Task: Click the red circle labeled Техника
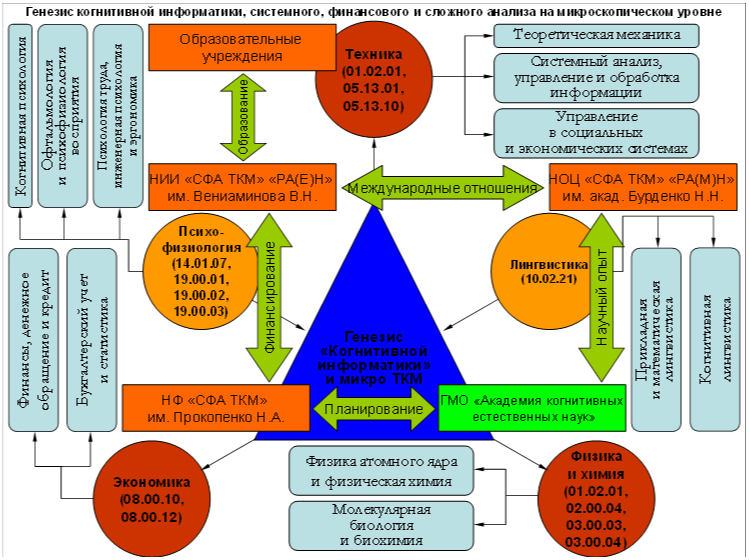coord(374,79)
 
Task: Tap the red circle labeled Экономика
coord(152,499)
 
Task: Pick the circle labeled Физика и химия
coord(596,499)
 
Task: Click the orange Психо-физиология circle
coord(201,272)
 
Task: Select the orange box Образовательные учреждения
coord(242,48)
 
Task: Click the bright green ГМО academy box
coord(532,408)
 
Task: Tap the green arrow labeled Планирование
coord(374,409)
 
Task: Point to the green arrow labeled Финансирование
coord(269,297)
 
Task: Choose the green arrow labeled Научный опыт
coord(601,297)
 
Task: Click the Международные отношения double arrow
coord(442,188)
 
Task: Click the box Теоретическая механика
coord(596,36)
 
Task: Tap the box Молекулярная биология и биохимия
coord(381,525)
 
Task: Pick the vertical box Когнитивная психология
coord(21,116)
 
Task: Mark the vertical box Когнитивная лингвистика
coord(715,339)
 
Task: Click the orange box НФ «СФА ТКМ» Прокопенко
coord(216,408)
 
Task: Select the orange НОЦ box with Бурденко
coord(643,187)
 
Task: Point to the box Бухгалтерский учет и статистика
coord(92,339)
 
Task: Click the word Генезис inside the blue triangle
coord(374,336)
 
